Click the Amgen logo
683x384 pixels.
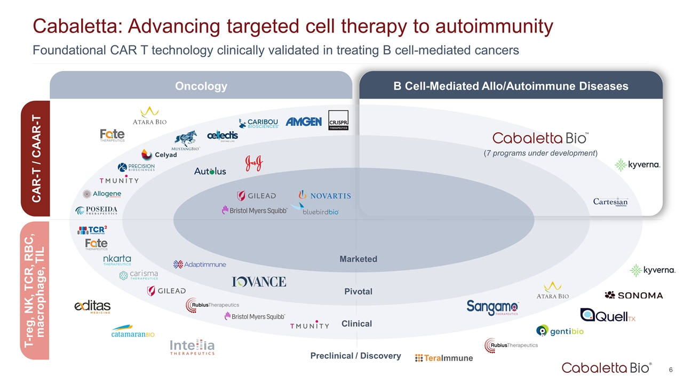[x=304, y=122]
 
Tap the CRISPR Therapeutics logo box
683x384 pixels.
[x=338, y=121]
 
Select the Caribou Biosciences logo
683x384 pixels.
[x=259, y=123]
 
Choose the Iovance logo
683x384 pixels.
[x=259, y=282]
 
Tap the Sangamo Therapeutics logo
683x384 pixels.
[x=493, y=307]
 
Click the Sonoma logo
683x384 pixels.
[x=634, y=295]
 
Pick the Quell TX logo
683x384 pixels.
[x=607, y=315]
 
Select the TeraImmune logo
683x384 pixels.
[x=444, y=358]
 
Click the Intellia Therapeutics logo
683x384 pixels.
[x=192, y=347]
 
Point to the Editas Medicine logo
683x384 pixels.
[x=92, y=307]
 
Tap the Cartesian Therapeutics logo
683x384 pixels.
[x=610, y=202]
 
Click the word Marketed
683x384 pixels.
[x=358, y=259]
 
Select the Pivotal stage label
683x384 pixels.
[x=358, y=292]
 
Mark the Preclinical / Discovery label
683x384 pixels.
[x=355, y=356]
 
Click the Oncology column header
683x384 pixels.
[x=201, y=86]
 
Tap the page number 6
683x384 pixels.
[x=671, y=370]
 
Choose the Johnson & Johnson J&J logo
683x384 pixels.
[x=254, y=164]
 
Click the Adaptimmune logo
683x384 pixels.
[x=200, y=264]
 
